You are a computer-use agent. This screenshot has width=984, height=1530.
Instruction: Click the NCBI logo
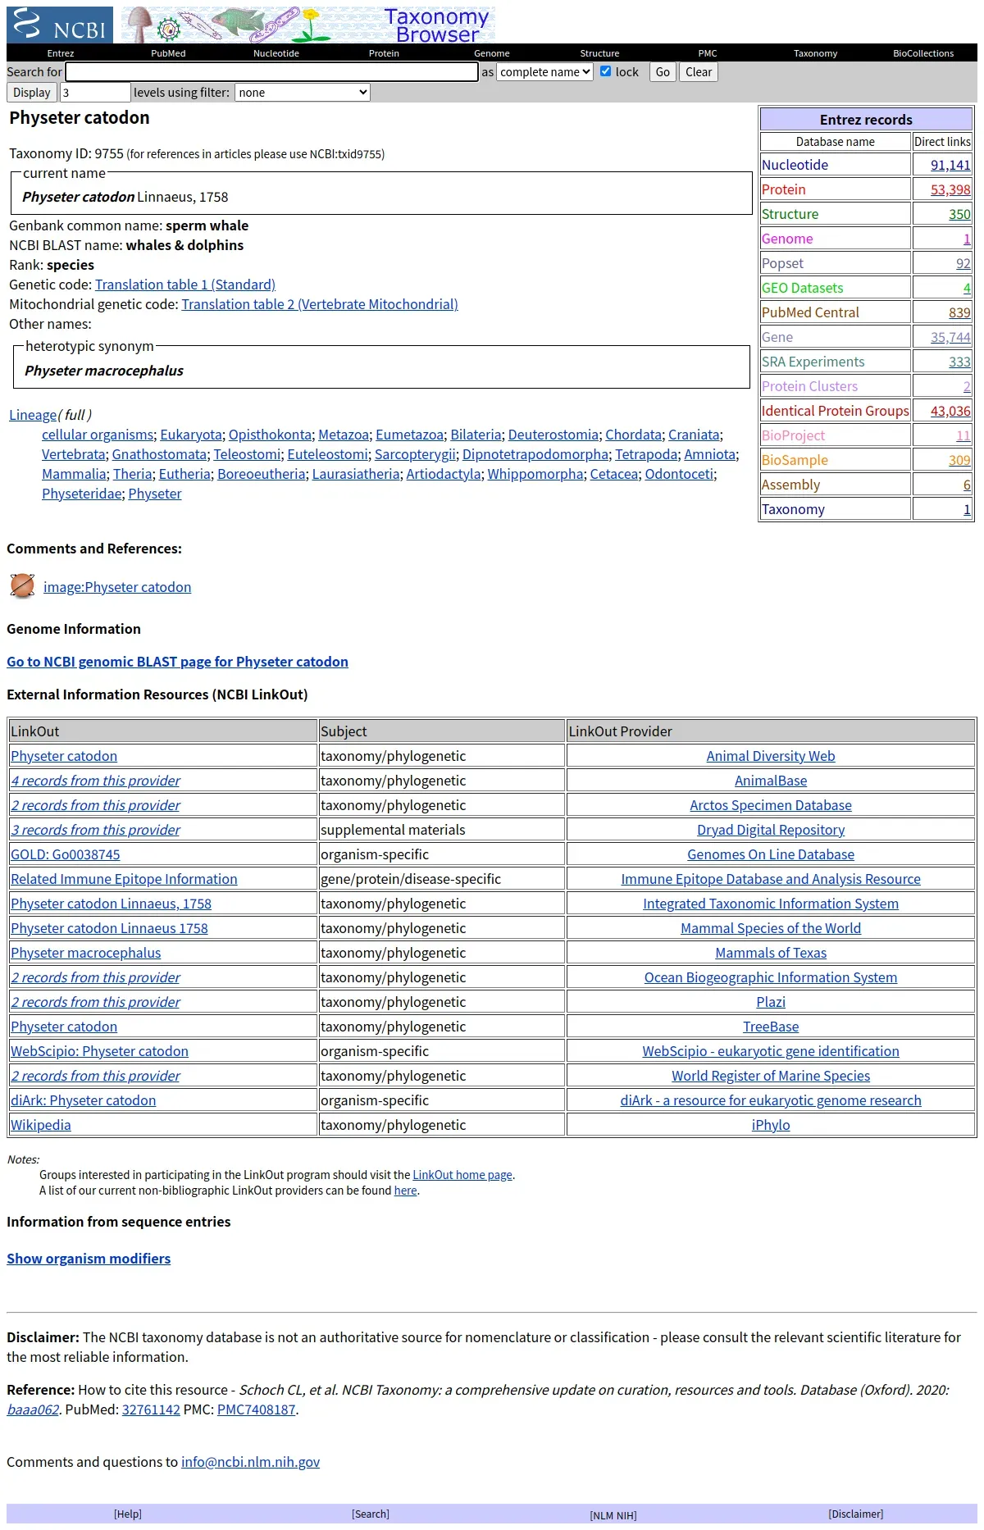pos(61,25)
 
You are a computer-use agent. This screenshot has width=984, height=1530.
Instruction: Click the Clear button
pos(699,72)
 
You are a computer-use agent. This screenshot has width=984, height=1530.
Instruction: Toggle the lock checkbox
pos(606,71)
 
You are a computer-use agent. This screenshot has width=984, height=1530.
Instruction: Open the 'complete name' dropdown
pos(545,72)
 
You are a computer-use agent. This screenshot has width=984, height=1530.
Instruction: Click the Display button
pos(32,93)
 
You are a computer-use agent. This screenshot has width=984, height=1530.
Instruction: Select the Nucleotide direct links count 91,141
pos(950,165)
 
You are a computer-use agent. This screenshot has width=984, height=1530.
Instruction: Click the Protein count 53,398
pos(950,189)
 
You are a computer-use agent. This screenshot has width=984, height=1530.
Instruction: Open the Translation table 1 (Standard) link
pos(185,285)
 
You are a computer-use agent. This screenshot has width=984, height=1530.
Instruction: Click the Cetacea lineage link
pos(613,474)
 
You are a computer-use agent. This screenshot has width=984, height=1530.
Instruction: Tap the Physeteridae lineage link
pos(81,494)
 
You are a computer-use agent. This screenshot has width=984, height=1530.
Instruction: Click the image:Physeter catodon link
pos(117,587)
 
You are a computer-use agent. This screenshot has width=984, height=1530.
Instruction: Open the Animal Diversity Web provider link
pos(771,756)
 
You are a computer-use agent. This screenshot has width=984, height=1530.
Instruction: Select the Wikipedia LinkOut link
pos(41,1125)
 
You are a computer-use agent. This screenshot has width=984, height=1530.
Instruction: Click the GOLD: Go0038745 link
pos(66,854)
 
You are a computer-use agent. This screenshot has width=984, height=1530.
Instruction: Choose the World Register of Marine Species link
pos(771,1076)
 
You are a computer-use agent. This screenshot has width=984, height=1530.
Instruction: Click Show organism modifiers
pos(89,1259)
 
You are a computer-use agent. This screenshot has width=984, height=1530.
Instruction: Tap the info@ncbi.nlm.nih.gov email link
pos(250,1462)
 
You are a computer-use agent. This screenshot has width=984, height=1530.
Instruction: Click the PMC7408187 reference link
pos(256,1409)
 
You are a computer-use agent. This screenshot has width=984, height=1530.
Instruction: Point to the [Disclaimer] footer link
pos(855,1514)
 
